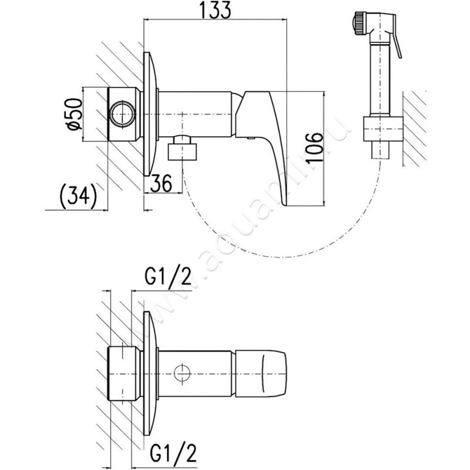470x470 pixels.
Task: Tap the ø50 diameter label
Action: coord(73,114)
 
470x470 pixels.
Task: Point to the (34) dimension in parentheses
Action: coord(78,196)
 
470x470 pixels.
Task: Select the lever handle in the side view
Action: coord(271,141)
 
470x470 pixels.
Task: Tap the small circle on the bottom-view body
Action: coord(183,372)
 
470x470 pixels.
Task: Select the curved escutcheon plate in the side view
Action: coord(151,115)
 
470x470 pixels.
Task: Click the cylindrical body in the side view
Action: coord(200,113)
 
